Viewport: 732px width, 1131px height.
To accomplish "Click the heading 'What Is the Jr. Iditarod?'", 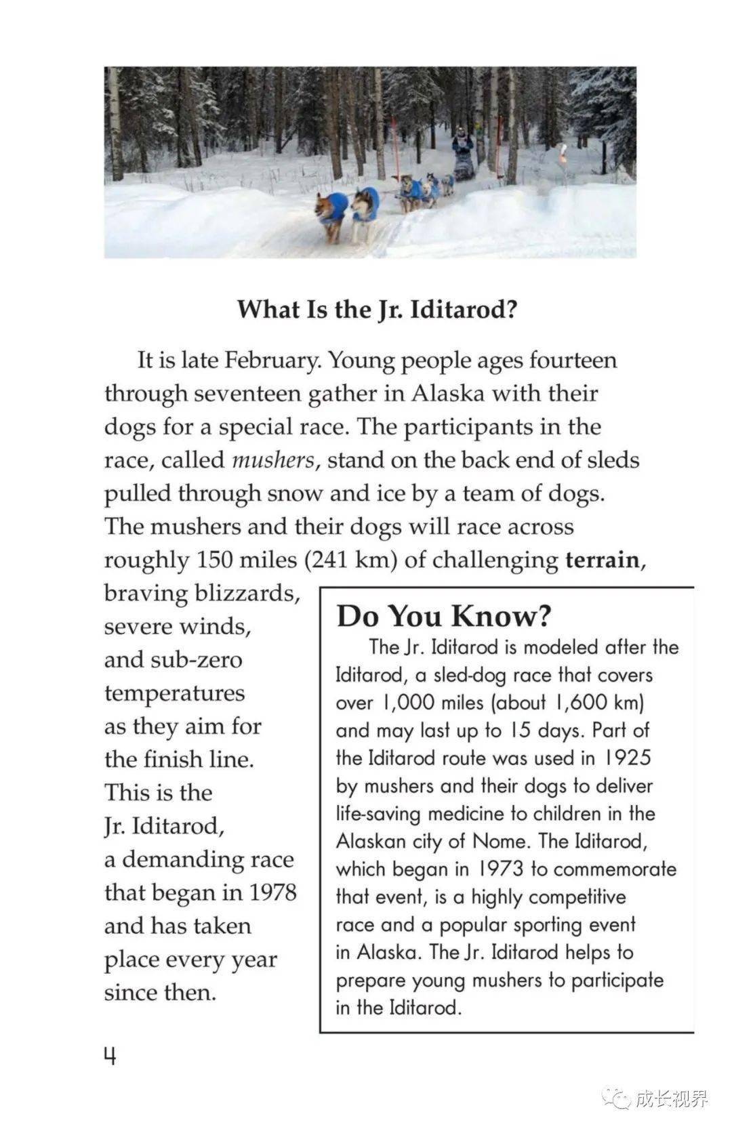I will tap(377, 310).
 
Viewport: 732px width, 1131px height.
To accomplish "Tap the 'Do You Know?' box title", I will tap(444, 616).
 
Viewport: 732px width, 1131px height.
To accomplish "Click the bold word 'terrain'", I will tap(602, 560).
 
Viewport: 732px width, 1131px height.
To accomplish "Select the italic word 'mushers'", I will tap(273, 460).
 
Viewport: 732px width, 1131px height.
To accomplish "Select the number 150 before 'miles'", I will tap(216, 560).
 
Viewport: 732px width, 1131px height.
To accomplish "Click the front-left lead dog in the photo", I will tap(331, 213).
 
